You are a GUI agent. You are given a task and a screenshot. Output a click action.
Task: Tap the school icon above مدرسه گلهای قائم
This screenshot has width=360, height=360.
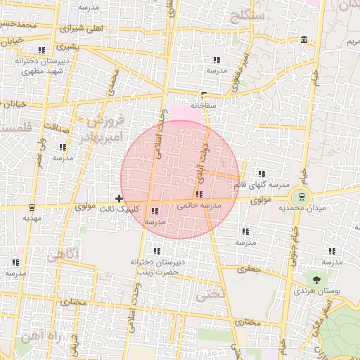tap(261, 174)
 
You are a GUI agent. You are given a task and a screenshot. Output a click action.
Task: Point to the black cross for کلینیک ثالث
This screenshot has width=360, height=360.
tap(120, 198)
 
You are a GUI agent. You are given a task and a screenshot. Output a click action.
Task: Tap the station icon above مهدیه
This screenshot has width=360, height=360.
tap(31, 207)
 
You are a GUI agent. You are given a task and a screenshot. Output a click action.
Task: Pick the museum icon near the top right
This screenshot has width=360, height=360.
tap(303, 39)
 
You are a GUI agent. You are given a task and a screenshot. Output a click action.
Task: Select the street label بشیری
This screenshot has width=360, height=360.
tap(63, 48)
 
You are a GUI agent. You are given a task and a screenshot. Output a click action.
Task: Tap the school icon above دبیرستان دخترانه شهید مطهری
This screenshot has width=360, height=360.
tap(41, 50)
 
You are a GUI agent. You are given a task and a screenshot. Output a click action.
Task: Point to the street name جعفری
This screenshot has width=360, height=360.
tap(249, 268)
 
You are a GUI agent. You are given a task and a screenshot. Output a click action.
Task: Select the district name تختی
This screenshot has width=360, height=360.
tap(214, 295)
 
